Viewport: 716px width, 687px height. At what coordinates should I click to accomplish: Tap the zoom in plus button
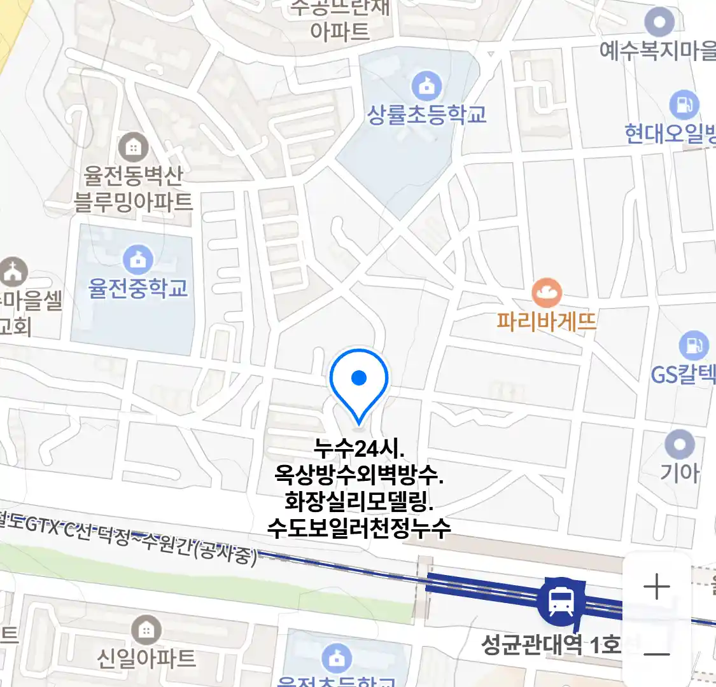[656, 587]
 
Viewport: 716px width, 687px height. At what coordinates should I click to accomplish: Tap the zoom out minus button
[656, 653]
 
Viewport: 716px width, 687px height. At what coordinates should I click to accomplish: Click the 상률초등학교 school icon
[426, 85]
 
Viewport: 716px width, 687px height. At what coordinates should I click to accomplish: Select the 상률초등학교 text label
[426, 114]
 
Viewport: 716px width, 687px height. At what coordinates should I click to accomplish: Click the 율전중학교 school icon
[138, 259]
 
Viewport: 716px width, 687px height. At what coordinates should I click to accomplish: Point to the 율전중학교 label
[138, 288]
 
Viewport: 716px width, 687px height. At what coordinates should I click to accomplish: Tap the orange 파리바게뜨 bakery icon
[547, 293]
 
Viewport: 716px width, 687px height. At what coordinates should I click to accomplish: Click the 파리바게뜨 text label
[547, 320]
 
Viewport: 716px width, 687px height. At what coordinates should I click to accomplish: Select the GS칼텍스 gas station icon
[693, 345]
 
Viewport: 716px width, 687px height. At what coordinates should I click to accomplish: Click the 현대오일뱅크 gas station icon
[684, 105]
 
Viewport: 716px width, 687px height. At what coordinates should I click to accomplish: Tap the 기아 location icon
[680, 443]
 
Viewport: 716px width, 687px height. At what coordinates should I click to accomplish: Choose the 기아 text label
[679, 473]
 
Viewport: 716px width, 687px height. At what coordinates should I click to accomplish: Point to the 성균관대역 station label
[551, 645]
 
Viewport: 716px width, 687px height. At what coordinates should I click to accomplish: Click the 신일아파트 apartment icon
[146, 630]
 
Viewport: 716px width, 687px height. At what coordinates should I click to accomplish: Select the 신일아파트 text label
[146, 658]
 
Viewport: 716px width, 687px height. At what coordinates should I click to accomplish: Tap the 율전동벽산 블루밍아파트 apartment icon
[133, 148]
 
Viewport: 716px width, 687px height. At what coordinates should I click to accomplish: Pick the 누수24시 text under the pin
[359, 448]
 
